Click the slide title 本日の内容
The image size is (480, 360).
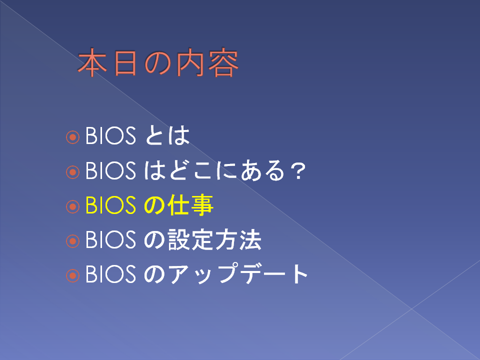tap(158, 63)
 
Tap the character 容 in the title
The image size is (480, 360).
tap(223, 63)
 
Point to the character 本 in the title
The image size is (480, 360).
tap(92, 63)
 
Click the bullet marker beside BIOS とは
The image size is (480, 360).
tap(72, 137)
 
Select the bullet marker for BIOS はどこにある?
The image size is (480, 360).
tap(72, 172)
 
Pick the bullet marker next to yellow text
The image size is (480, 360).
tap(72, 206)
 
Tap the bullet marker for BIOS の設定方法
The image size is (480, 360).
tap(72, 241)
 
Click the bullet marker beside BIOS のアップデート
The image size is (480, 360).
tap(72, 275)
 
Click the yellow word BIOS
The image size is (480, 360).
tap(110, 205)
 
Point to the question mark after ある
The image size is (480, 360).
tap(298, 171)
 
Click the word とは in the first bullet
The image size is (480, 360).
tap(167, 135)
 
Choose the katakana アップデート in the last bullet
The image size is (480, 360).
tap(238, 273)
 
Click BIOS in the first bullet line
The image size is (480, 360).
tap(110, 135)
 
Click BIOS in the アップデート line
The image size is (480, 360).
tap(110, 273)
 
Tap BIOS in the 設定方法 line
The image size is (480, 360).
tap(110, 239)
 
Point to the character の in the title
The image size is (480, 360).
tap(157, 63)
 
